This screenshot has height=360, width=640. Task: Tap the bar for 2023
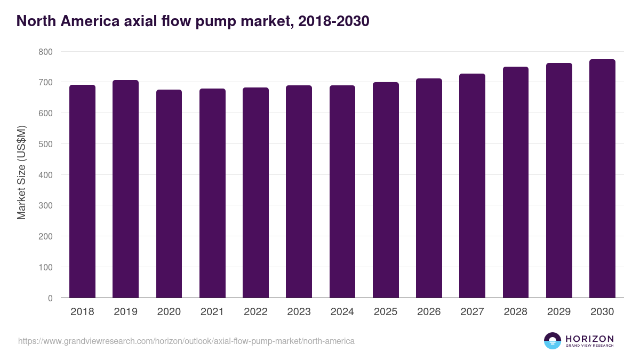(299, 191)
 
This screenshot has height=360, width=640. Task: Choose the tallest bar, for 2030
(602, 178)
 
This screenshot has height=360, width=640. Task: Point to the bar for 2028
(516, 182)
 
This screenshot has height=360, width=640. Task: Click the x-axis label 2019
(125, 312)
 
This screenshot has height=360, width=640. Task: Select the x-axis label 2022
(255, 312)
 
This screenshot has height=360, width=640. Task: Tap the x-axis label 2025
(386, 312)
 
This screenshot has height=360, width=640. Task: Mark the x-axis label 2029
(559, 312)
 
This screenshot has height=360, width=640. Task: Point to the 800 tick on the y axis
(45, 52)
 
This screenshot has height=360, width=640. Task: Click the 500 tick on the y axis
(45, 144)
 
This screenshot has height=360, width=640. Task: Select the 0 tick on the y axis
(50, 298)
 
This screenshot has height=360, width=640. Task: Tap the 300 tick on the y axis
(45, 205)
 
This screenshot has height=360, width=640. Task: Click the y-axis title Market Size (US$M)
(21, 172)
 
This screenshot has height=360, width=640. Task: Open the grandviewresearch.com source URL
(186, 341)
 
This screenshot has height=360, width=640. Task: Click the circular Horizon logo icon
(552, 341)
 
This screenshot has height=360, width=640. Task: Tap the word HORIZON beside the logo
(589, 339)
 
